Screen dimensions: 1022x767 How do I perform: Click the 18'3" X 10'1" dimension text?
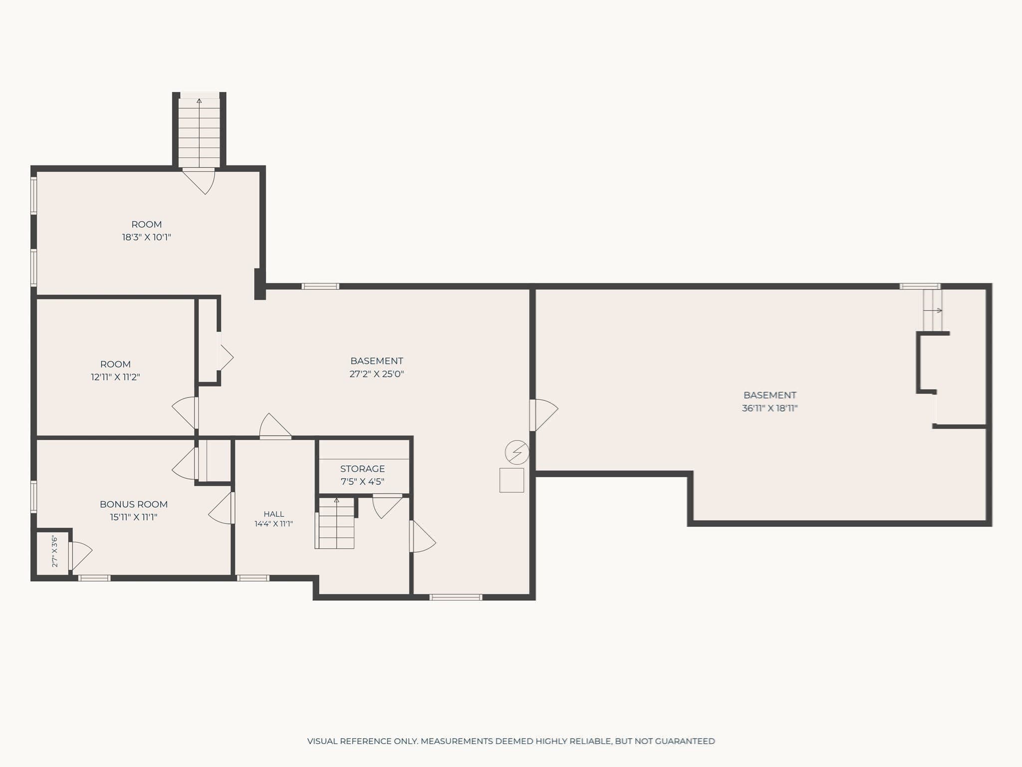(x=147, y=237)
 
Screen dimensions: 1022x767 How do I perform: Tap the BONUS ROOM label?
(x=134, y=504)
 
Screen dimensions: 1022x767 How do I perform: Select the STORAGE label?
(x=362, y=469)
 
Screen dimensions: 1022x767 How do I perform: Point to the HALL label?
(x=274, y=514)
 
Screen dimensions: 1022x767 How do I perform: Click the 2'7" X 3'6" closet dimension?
(x=55, y=551)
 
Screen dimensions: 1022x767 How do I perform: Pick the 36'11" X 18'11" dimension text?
(x=769, y=408)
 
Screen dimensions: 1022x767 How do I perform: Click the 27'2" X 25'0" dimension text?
(x=377, y=374)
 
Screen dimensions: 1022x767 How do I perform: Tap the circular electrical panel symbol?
(x=517, y=452)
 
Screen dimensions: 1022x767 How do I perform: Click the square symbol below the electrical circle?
(x=511, y=480)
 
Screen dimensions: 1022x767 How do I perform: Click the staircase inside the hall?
(x=335, y=523)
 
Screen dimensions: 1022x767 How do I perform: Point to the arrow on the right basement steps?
(x=933, y=311)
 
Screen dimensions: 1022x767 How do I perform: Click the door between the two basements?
(x=543, y=414)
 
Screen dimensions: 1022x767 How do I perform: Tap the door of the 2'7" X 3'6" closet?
(x=80, y=556)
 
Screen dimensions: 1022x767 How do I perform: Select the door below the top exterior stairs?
(x=199, y=180)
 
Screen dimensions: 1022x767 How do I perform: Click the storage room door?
(x=387, y=506)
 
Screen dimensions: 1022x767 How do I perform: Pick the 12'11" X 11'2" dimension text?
(x=115, y=377)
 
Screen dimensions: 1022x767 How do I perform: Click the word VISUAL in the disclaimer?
(x=322, y=741)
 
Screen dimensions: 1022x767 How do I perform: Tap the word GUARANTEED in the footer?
(x=685, y=741)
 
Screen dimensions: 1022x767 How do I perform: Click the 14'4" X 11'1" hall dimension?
(x=273, y=524)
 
